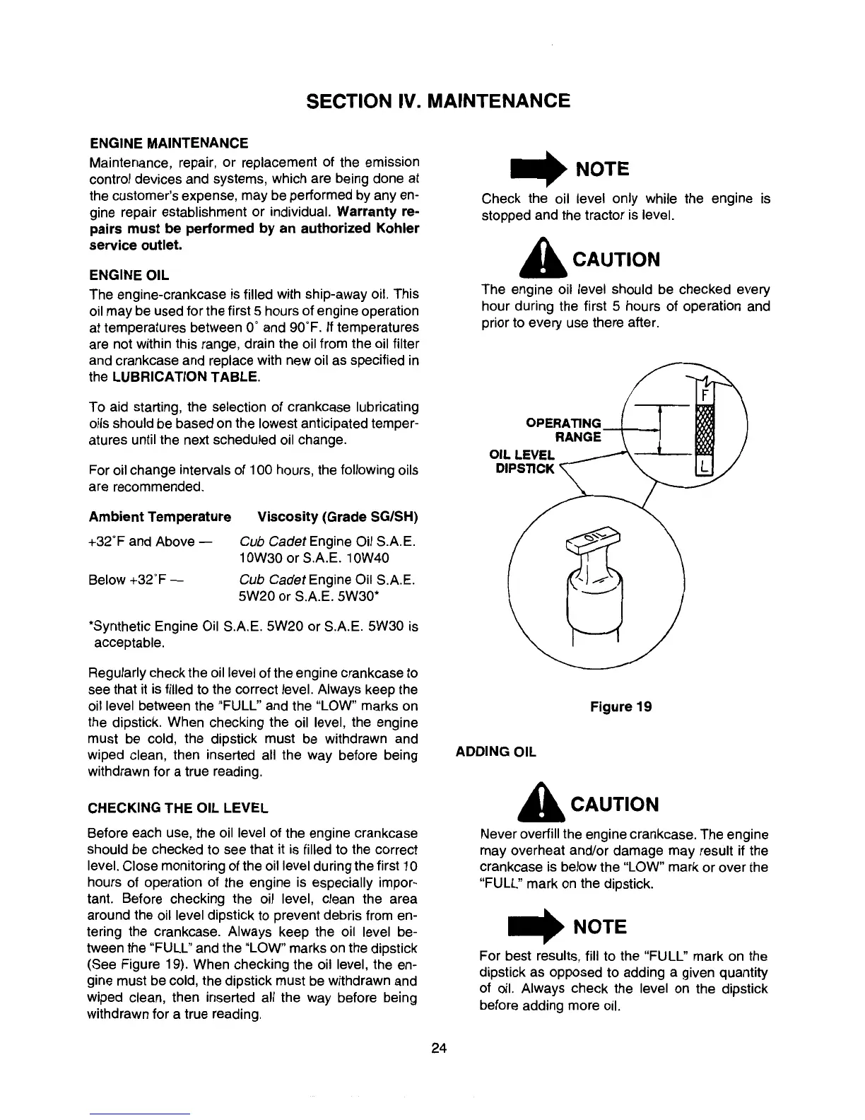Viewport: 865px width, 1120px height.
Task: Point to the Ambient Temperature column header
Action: [x=160, y=517]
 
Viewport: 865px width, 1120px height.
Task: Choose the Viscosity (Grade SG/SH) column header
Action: [x=339, y=517]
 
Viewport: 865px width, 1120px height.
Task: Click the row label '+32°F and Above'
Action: [x=141, y=542]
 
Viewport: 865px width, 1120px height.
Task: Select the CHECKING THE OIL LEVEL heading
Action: [x=178, y=807]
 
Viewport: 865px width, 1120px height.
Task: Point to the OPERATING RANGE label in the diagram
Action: [x=565, y=430]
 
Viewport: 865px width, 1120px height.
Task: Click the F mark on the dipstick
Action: [x=704, y=393]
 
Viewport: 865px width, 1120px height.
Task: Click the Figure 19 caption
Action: [x=621, y=706]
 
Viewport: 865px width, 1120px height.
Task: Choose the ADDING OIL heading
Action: [x=496, y=752]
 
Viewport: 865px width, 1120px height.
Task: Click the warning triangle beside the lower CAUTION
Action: [x=540, y=805]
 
